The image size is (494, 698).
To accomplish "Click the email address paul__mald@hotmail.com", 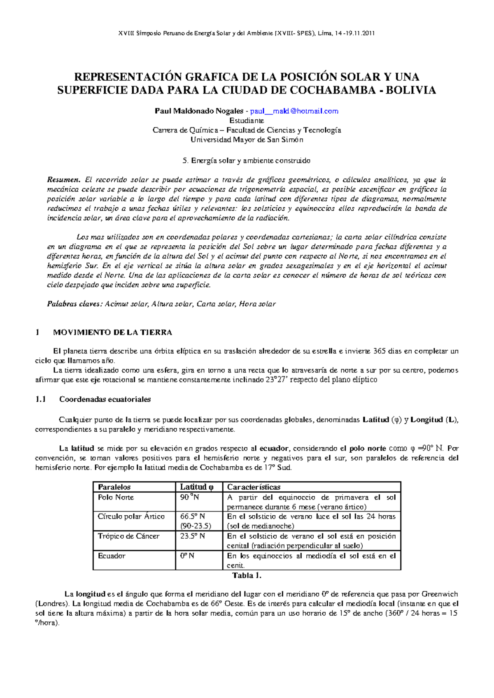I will pyautogui.click(x=294, y=111).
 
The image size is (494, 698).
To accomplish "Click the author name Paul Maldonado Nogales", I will pyautogui.click(x=199, y=111).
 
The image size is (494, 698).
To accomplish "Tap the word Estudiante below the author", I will pyautogui.click(x=247, y=121).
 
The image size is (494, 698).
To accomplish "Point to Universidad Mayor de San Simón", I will pyautogui.click(x=247, y=140).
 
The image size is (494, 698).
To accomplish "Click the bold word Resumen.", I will pyautogui.click(x=63, y=180).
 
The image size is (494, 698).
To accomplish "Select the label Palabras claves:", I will pyautogui.click(x=74, y=304).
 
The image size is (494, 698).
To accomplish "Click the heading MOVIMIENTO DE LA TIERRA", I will pyautogui.click(x=112, y=332).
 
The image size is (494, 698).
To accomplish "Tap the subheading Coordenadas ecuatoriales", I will pyautogui.click(x=105, y=399).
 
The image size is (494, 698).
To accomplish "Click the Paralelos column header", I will pyautogui.click(x=114, y=487).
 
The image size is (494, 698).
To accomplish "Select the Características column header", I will pyautogui.click(x=254, y=487).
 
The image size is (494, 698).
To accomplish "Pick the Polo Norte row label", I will pyautogui.click(x=116, y=497).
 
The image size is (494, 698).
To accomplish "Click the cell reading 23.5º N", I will pyautogui.click(x=193, y=536).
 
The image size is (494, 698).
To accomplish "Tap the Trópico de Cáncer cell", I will pyautogui.click(x=128, y=536).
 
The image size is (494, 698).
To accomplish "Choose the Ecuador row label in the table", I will pyautogui.click(x=112, y=556).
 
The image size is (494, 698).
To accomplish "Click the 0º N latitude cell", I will pyautogui.click(x=187, y=556).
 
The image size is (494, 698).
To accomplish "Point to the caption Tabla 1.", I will pyautogui.click(x=247, y=575).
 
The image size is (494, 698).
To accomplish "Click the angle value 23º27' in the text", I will pyautogui.click(x=277, y=380).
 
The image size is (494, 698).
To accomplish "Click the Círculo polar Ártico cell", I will pyautogui.click(x=131, y=517).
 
